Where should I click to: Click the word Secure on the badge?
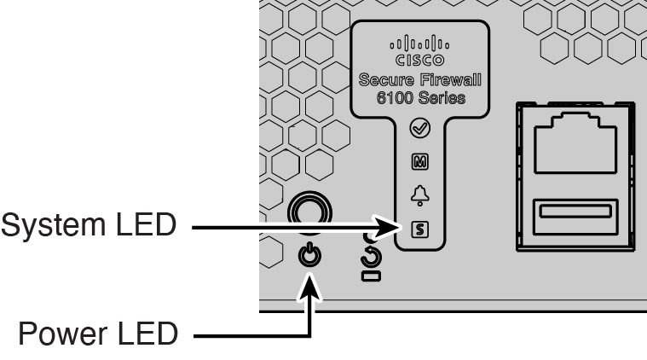click(x=390, y=81)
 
